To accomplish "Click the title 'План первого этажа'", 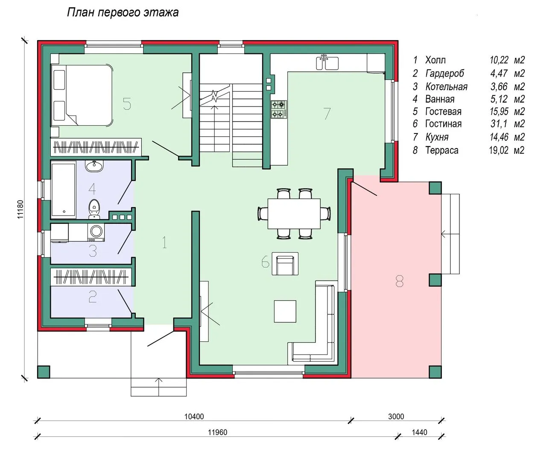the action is pyautogui.click(x=123, y=12).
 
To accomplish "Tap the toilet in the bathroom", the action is pyautogui.click(x=94, y=209).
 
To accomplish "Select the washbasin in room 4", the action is pyautogui.click(x=94, y=166).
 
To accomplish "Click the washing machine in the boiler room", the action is pyautogui.click(x=96, y=232).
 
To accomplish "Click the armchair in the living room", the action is pyautogui.click(x=285, y=264).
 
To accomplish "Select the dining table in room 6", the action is pyautogui.click(x=294, y=214).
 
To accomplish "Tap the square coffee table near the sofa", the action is pyautogui.click(x=285, y=311).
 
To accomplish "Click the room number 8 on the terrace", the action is pyautogui.click(x=400, y=281).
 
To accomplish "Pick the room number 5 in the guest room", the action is pyautogui.click(x=127, y=104).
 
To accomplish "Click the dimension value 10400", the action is pyautogui.click(x=194, y=417).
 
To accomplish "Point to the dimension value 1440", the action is pyautogui.click(x=419, y=432).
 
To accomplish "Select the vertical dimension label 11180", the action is pyautogui.click(x=20, y=209).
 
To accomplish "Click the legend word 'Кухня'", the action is pyautogui.click(x=437, y=137).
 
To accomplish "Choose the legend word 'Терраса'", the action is pyautogui.click(x=441, y=150).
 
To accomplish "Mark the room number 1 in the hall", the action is pyautogui.click(x=165, y=242).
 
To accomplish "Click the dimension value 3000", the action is pyautogui.click(x=396, y=417).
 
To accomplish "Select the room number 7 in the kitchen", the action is pyautogui.click(x=327, y=113).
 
